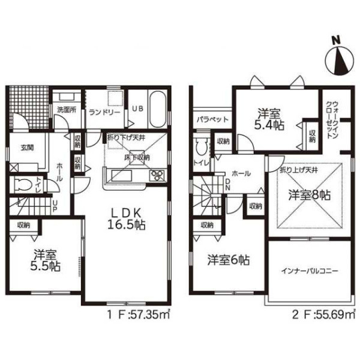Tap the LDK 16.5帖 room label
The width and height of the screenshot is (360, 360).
point(126,220)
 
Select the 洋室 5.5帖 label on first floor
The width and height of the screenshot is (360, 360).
point(46,260)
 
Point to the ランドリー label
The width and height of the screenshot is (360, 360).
point(104,113)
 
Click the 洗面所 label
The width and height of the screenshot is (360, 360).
point(67,110)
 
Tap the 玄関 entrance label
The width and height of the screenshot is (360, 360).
point(28,148)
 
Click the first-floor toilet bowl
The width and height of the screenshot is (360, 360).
point(23,185)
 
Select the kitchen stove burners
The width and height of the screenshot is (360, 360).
point(157,175)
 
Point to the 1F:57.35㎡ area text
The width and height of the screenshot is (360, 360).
point(139,314)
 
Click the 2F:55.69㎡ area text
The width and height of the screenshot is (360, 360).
point(323,314)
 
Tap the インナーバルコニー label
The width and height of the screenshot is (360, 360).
point(309,271)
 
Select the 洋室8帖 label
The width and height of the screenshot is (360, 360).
point(310,195)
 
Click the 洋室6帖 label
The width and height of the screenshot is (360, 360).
point(229,260)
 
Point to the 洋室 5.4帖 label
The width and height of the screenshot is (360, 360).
point(269,119)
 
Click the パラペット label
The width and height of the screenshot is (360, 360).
point(212,119)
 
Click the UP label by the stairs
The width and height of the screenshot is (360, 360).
point(55,206)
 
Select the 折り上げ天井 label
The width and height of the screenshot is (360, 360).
point(298,170)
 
